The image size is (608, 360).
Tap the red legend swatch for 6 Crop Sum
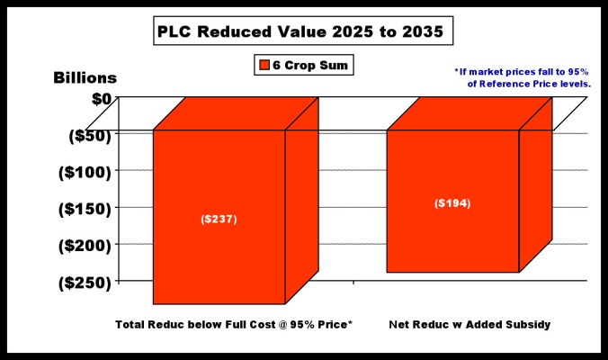(x=264, y=65)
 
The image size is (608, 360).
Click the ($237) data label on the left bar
(x=219, y=220)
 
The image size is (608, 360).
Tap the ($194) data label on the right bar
(x=452, y=202)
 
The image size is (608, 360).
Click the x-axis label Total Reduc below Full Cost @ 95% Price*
(x=234, y=323)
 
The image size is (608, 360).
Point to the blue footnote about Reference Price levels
(x=522, y=77)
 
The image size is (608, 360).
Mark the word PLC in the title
(x=177, y=33)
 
